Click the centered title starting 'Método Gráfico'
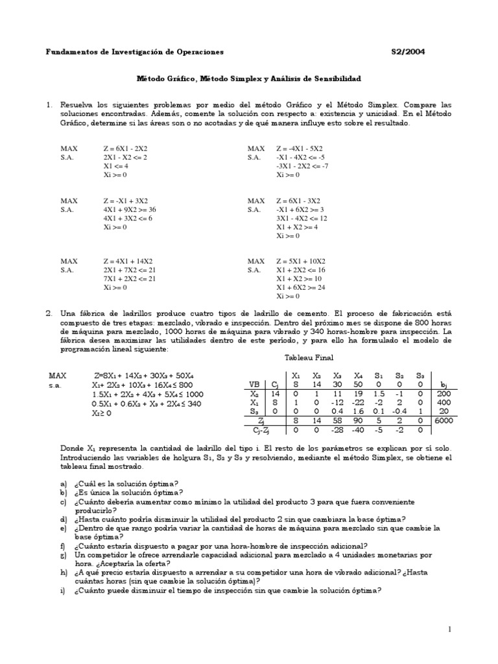248,78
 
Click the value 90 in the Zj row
358,421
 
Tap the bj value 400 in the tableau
443,402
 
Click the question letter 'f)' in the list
64,546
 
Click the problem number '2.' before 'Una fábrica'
49,313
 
